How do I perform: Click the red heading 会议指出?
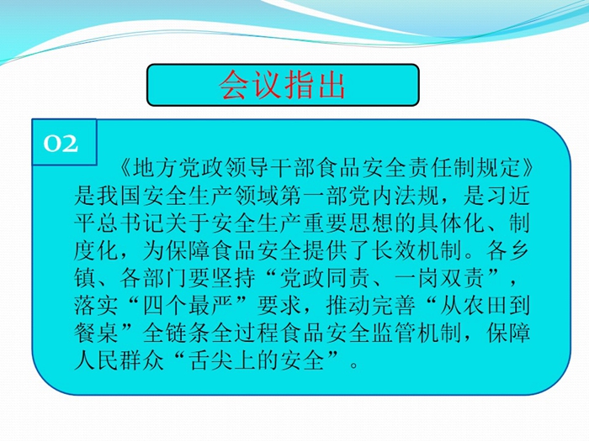click(282, 85)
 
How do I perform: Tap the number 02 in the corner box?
click(61, 144)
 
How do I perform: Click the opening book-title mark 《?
click(125, 168)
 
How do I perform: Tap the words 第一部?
click(314, 196)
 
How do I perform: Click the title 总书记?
click(131, 223)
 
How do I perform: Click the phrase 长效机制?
click(417, 250)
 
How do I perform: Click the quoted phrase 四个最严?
click(188, 306)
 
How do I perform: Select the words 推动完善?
click(371, 306)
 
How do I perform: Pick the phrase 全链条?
click(177, 333)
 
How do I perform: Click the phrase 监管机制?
click(417, 333)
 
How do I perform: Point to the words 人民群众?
click(119, 360)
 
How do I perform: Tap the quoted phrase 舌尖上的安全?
click(257, 360)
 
